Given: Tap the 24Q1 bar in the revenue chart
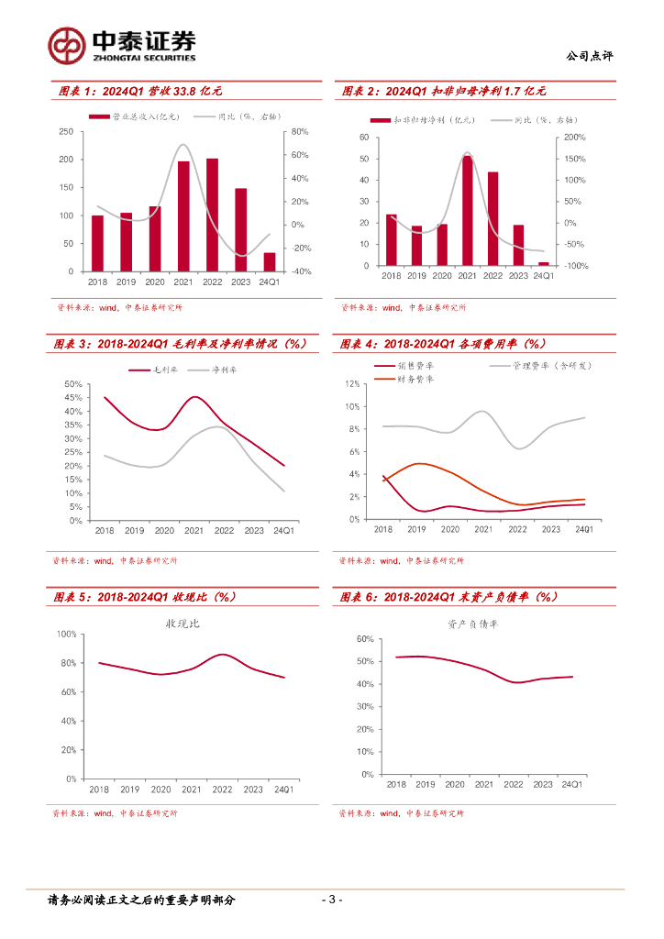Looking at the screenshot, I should (x=270, y=261).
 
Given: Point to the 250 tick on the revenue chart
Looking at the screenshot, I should (x=66, y=132).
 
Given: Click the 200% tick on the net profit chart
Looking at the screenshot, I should (x=573, y=138).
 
